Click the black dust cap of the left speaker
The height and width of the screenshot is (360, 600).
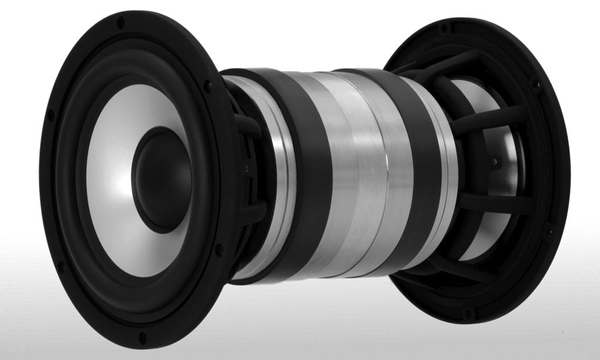(157, 179)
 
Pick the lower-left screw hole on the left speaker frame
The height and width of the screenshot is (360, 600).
(61, 265)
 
